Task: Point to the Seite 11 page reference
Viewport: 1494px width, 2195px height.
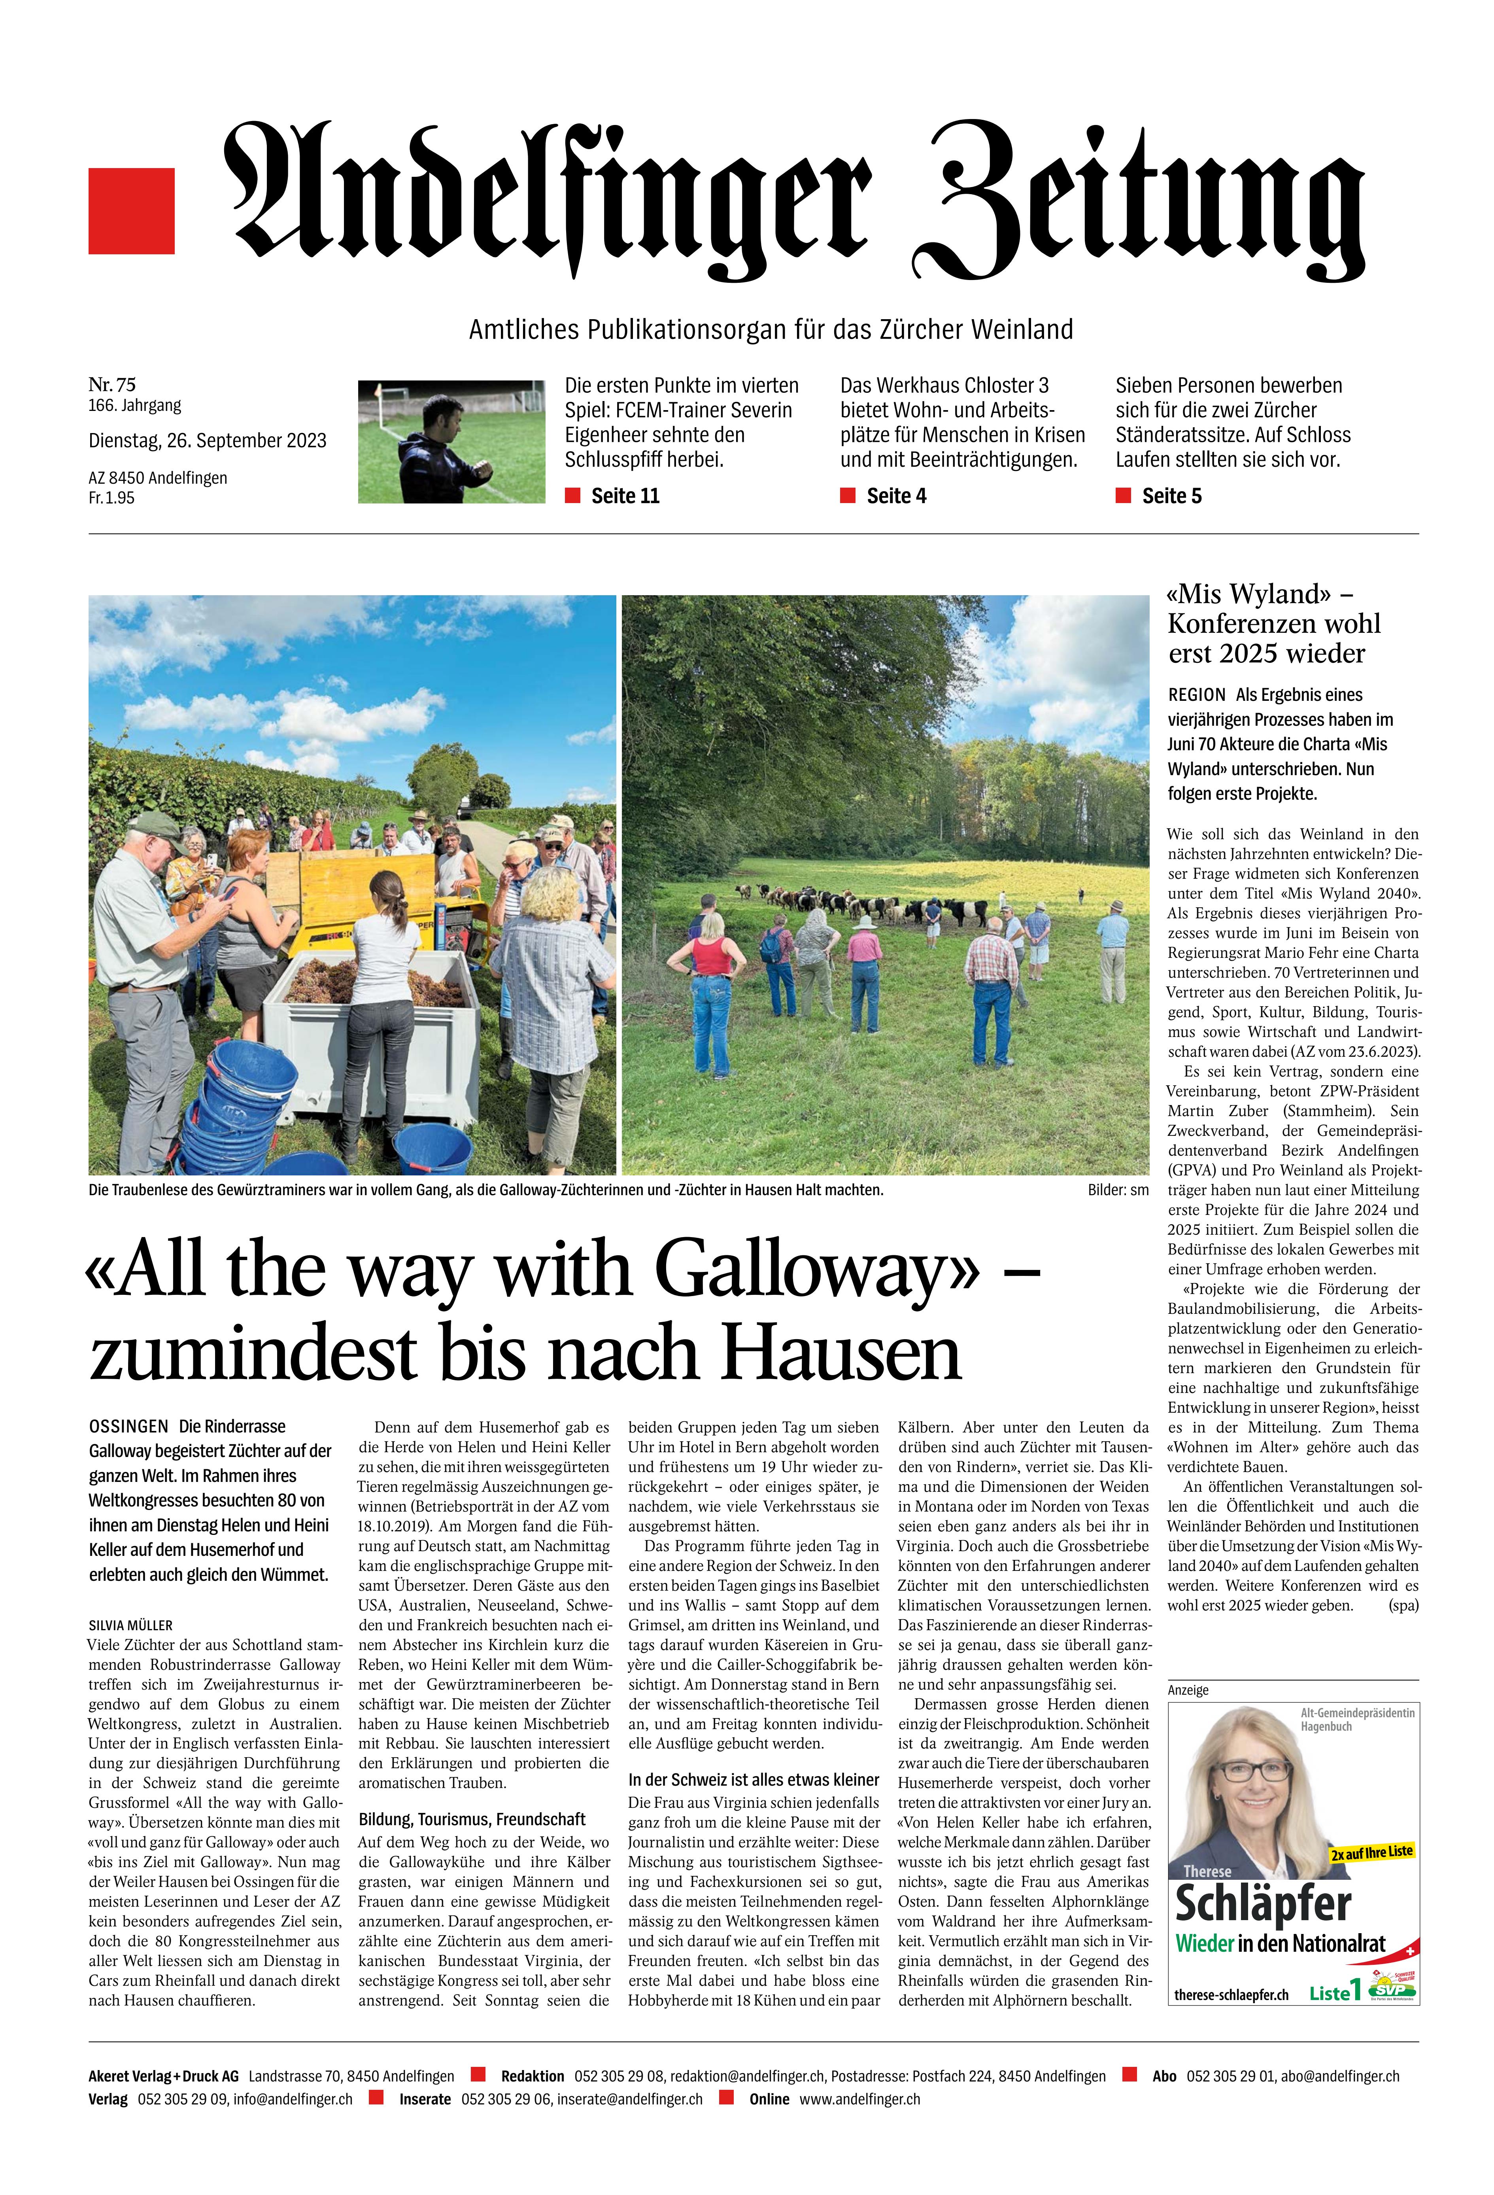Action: [x=624, y=496]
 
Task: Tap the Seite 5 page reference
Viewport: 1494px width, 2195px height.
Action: [x=1171, y=496]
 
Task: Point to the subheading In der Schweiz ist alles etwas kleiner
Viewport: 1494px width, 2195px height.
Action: [x=754, y=1779]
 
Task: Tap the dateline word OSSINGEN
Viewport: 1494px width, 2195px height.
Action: [x=128, y=1426]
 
